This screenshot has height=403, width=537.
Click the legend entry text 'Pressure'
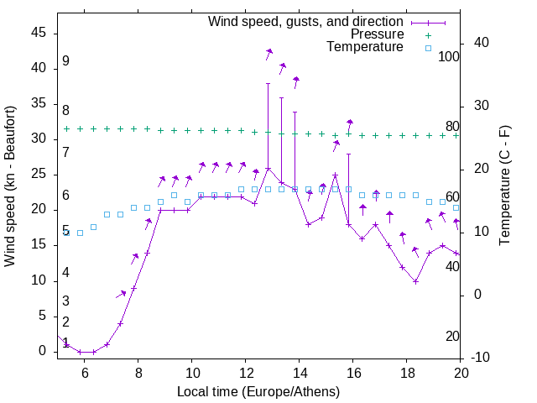pos(378,34)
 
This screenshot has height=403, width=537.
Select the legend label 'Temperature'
pos(365,48)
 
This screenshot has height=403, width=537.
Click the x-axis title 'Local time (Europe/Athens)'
pos(258,391)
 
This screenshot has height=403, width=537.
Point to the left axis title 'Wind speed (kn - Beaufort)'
pos(10,186)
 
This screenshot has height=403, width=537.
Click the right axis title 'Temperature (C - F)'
pos(504,186)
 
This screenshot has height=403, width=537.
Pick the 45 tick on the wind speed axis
pos(39,33)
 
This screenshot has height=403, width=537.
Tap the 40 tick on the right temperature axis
pos(482,43)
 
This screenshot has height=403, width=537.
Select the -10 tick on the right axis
pos(482,358)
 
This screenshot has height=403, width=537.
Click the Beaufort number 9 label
pos(65,61)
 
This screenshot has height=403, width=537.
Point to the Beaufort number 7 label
pos(65,152)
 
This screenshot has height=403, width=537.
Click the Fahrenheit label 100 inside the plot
pos(449,57)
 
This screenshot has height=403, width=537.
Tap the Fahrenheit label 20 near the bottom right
pos(452,336)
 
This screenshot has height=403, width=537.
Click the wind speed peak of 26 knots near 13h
pos(268,168)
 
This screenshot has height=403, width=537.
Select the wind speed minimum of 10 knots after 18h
pos(415,281)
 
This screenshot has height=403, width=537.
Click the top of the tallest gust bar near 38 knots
pos(268,83)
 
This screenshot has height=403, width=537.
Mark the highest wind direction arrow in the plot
pos(268,52)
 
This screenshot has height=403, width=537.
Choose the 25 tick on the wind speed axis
pos(39,174)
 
